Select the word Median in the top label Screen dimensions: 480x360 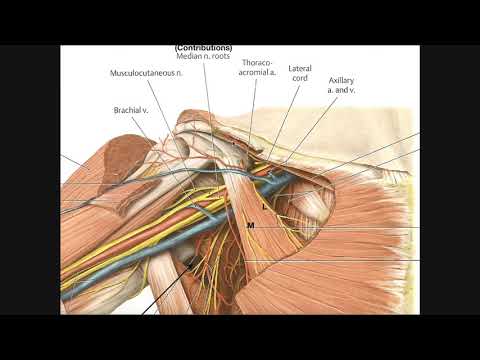[188, 56]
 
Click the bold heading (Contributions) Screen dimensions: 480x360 [203, 47]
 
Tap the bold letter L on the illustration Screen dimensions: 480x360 [264, 206]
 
